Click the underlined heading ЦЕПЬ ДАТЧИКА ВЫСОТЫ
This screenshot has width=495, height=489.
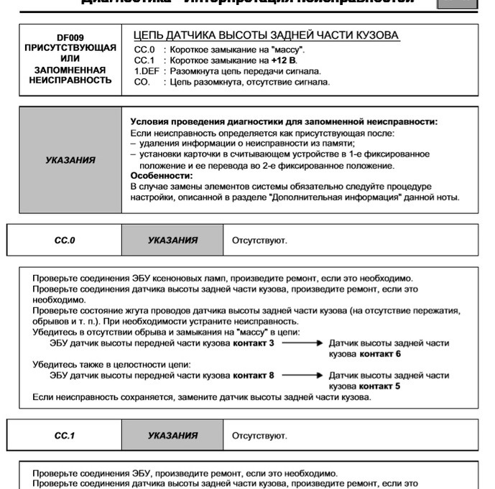click(267, 35)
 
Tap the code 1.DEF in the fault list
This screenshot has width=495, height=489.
click(147, 71)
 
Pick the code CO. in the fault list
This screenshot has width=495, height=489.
click(142, 82)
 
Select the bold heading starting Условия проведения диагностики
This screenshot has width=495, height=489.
click(284, 123)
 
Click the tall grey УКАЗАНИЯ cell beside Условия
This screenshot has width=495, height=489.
click(70, 159)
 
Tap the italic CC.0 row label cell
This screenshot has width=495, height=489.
click(65, 240)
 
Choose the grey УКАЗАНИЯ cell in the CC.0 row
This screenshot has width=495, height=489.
click(172, 240)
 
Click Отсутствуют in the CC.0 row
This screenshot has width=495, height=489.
click(259, 241)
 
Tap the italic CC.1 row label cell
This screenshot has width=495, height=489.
click(65, 435)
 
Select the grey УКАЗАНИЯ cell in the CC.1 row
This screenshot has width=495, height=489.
click(172, 435)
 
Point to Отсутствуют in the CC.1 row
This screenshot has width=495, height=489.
click(259, 436)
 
